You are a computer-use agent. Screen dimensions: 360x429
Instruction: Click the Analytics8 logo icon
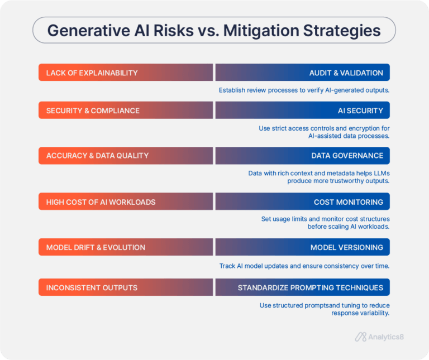(360, 337)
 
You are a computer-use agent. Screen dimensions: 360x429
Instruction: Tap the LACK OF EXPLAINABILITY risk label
(92, 73)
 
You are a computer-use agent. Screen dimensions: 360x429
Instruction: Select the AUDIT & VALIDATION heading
(346, 73)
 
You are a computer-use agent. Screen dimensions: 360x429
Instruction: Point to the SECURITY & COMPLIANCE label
(93, 111)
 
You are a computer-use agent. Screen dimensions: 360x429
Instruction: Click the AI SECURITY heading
(360, 111)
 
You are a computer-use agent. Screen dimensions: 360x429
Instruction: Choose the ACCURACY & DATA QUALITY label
(97, 155)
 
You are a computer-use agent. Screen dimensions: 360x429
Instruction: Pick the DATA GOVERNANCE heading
(347, 155)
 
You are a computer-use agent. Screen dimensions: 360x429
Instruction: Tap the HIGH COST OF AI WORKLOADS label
(101, 201)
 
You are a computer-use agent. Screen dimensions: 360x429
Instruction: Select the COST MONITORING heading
(349, 201)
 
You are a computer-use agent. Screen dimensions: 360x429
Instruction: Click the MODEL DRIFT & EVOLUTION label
(96, 247)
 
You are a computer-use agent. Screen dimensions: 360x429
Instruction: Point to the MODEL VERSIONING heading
(347, 247)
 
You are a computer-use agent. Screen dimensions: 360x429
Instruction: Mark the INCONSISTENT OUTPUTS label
(92, 287)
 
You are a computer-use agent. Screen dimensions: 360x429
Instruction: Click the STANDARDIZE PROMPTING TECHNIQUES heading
(311, 287)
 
